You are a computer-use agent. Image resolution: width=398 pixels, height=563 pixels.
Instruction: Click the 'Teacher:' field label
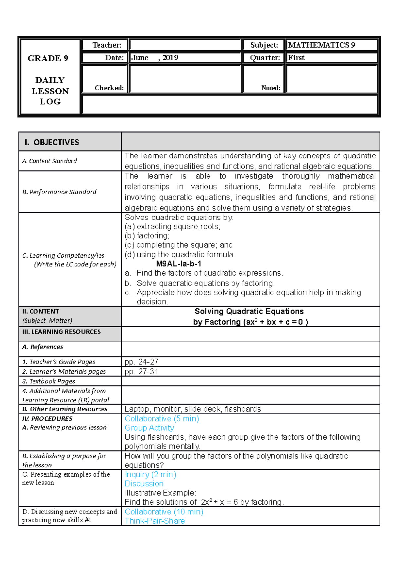107,45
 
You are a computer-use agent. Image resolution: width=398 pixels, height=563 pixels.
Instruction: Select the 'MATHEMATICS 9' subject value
321,45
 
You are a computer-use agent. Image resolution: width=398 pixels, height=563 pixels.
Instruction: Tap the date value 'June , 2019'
155,58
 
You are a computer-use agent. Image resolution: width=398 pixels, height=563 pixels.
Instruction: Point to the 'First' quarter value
296,58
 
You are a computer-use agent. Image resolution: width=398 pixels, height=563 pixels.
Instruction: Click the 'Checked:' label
109,88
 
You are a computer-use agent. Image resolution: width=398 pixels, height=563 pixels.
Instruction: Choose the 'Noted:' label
271,88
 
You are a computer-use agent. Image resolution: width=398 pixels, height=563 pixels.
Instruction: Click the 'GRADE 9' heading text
48,58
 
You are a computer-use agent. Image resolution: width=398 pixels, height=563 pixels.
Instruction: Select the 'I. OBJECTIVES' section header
52,142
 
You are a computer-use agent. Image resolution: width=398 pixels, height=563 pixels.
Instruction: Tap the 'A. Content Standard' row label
49,161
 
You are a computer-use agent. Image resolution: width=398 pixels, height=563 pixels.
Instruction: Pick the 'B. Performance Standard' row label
59,192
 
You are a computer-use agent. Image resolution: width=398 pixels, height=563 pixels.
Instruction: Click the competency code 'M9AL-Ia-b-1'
178,264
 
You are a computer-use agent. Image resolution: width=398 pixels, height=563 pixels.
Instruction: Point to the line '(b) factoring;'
147,236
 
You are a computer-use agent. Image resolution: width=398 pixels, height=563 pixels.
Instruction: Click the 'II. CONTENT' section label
40,311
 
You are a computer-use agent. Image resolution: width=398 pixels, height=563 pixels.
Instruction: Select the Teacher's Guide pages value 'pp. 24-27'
141,362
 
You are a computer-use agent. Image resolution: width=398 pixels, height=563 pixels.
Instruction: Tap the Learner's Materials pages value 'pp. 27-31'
141,371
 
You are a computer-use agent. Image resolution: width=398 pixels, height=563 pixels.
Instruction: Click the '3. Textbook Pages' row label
49,381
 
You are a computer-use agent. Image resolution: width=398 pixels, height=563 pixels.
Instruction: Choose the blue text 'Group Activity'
149,428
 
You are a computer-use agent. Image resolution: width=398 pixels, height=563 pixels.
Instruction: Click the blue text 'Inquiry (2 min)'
150,474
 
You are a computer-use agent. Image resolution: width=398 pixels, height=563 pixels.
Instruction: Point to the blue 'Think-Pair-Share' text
155,521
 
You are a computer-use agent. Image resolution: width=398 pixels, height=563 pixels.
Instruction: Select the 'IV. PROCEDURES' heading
47,419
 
